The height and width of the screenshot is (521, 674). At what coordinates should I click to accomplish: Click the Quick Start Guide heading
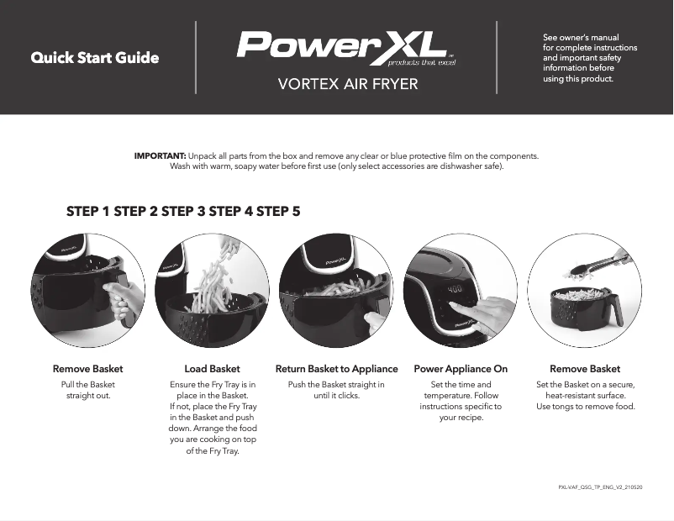click(x=95, y=58)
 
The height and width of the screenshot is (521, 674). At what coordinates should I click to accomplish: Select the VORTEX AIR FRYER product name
click(x=347, y=84)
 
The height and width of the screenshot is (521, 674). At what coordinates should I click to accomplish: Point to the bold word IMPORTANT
click(x=160, y=156)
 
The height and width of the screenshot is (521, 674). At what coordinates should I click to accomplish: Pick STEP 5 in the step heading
click(x=278, y=212)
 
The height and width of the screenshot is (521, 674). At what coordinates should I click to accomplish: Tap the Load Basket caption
click(x=212, y=369)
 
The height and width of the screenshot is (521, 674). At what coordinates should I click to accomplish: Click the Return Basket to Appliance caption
click(x=336, y=369)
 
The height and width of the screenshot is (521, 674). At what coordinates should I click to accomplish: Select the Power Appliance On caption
click(x=461, y=369)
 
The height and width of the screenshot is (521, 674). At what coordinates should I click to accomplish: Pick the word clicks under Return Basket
click(x=347, y=396)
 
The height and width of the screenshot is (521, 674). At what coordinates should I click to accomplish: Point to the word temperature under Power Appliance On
click(x=450, y=396)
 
